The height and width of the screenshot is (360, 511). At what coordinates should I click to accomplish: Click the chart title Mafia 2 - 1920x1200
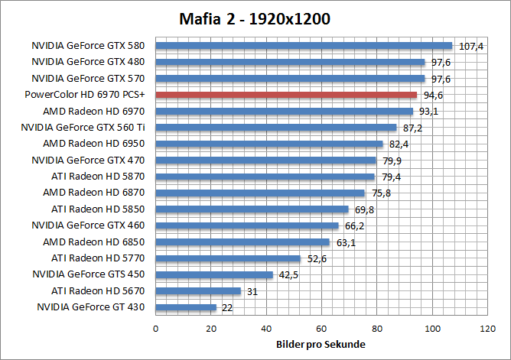[255, 18]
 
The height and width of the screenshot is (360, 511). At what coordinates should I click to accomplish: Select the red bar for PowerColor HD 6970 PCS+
[286, 95]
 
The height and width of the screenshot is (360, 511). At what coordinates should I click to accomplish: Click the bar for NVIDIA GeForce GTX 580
[304, 46]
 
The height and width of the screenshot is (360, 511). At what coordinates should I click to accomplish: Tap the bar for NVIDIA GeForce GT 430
[186, 307]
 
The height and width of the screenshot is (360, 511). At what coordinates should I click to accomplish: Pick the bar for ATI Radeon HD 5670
[198, 290]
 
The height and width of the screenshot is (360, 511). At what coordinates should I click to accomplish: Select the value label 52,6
[318, 258]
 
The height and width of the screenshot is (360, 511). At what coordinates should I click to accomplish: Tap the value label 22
[227, 307]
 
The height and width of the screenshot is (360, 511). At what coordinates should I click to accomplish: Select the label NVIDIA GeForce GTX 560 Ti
[83, 128]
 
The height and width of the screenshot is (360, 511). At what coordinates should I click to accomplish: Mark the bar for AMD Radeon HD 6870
[260, 193]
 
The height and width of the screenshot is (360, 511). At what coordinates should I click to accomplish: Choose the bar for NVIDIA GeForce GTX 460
[247, 225]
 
